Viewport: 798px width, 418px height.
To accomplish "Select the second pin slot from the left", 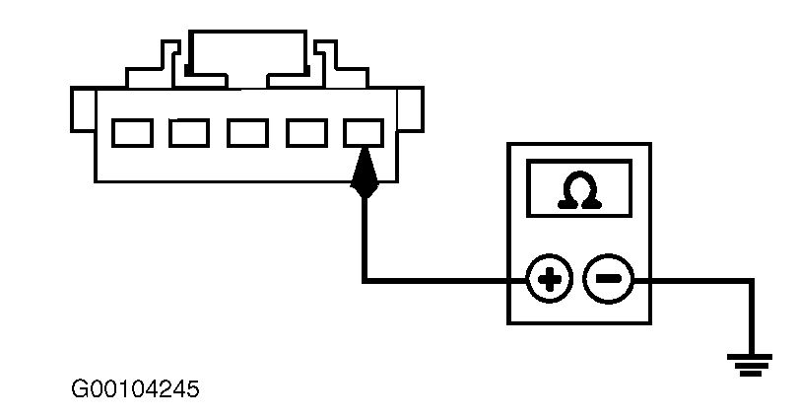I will (188, 132).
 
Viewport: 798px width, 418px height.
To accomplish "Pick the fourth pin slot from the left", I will (305, 132).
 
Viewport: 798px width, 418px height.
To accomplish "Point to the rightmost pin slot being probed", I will (365, 131).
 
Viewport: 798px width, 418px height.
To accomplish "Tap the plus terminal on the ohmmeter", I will (550, 281).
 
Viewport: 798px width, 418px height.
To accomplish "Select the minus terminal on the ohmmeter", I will (606, 281).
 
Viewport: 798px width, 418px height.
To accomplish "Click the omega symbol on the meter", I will (578, 190).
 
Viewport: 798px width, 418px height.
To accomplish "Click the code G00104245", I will (136, 389).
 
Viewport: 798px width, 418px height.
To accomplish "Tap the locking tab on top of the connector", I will (247, 49).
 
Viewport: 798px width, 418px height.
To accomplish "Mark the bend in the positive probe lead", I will (366, 281).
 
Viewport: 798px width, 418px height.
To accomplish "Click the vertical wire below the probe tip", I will (366, 237).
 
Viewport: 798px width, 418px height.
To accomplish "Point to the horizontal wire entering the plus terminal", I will (443, 281).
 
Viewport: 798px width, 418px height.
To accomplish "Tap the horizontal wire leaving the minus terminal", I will (690, 281).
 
